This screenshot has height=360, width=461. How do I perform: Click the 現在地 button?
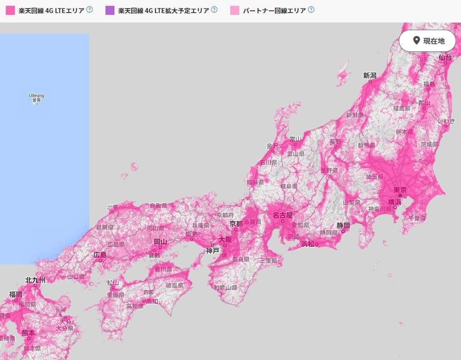click(x=427, y=41)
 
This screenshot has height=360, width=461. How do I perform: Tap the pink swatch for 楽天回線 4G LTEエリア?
click(x=10, y=10)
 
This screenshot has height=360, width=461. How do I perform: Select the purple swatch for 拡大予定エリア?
click(x=110, y=10)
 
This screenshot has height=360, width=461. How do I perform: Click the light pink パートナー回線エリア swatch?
click(x=234, y=10)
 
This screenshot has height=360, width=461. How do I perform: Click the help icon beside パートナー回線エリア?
click(x=311, y=9)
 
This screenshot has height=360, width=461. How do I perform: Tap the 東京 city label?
click(x=400, y=190)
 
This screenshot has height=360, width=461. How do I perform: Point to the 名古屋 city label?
click(x=283, y=215)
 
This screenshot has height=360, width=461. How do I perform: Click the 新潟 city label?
click(x=370, y=76)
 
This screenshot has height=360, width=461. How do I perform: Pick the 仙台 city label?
click(x=445, y=57)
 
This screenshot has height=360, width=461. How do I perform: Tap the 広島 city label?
click(x=100, y=255)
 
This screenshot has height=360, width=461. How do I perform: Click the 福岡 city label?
click(x=16, y=294)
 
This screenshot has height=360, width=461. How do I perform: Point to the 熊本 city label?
click(x=28, y=333)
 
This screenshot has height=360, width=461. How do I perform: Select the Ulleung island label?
click(x=37, y=96)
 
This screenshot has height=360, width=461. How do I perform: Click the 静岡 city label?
click(x=343, y=225)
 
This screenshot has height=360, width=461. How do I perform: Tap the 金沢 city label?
click(x=272, y=146)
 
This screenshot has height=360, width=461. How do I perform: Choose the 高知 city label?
click(x=151, y=301)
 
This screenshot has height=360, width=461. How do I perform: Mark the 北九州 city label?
click(x=35, y=280)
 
